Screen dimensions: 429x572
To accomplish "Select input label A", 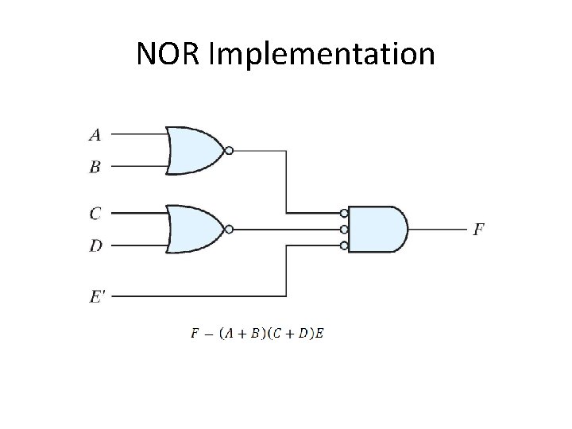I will point(95,135).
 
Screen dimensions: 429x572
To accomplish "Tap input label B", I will point(95,168).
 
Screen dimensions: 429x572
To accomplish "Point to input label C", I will point(95,213).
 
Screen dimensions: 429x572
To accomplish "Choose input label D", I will point(95,246).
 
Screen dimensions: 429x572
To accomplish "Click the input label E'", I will point(97,296).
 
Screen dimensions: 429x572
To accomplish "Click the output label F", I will point(478,230).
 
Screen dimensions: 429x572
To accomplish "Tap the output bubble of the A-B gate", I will point(229,150).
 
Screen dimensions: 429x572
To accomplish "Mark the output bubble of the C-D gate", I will point(229,230).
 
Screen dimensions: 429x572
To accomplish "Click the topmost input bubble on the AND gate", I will point(344,213).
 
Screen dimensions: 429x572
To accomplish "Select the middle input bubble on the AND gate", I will point(344,230).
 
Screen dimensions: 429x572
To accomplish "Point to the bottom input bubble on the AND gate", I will point(344,245).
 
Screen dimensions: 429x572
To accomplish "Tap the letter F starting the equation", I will point(195,333).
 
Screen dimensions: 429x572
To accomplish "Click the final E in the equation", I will point(319,333).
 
